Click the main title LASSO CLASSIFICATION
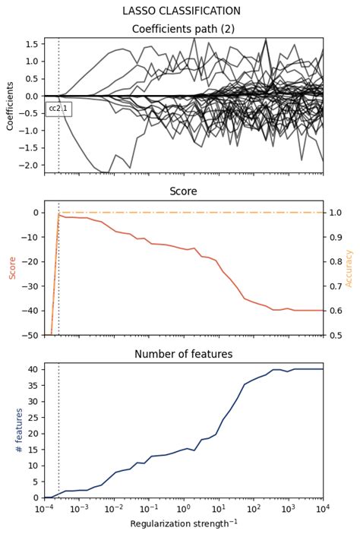coord(182,11)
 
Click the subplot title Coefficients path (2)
coord(183,29)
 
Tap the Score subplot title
coord(183,191)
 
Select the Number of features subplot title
coord(183,354)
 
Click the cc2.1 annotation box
coord(58,109)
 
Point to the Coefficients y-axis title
coord(11,106)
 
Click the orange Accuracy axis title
coord(349,268)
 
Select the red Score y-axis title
coord(12,268)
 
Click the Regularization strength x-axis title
coord(183,524)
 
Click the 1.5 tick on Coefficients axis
coord(32,44)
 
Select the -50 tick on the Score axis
coord(30,335)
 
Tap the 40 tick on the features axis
coord(33,369)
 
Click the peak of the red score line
coord(59,214)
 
